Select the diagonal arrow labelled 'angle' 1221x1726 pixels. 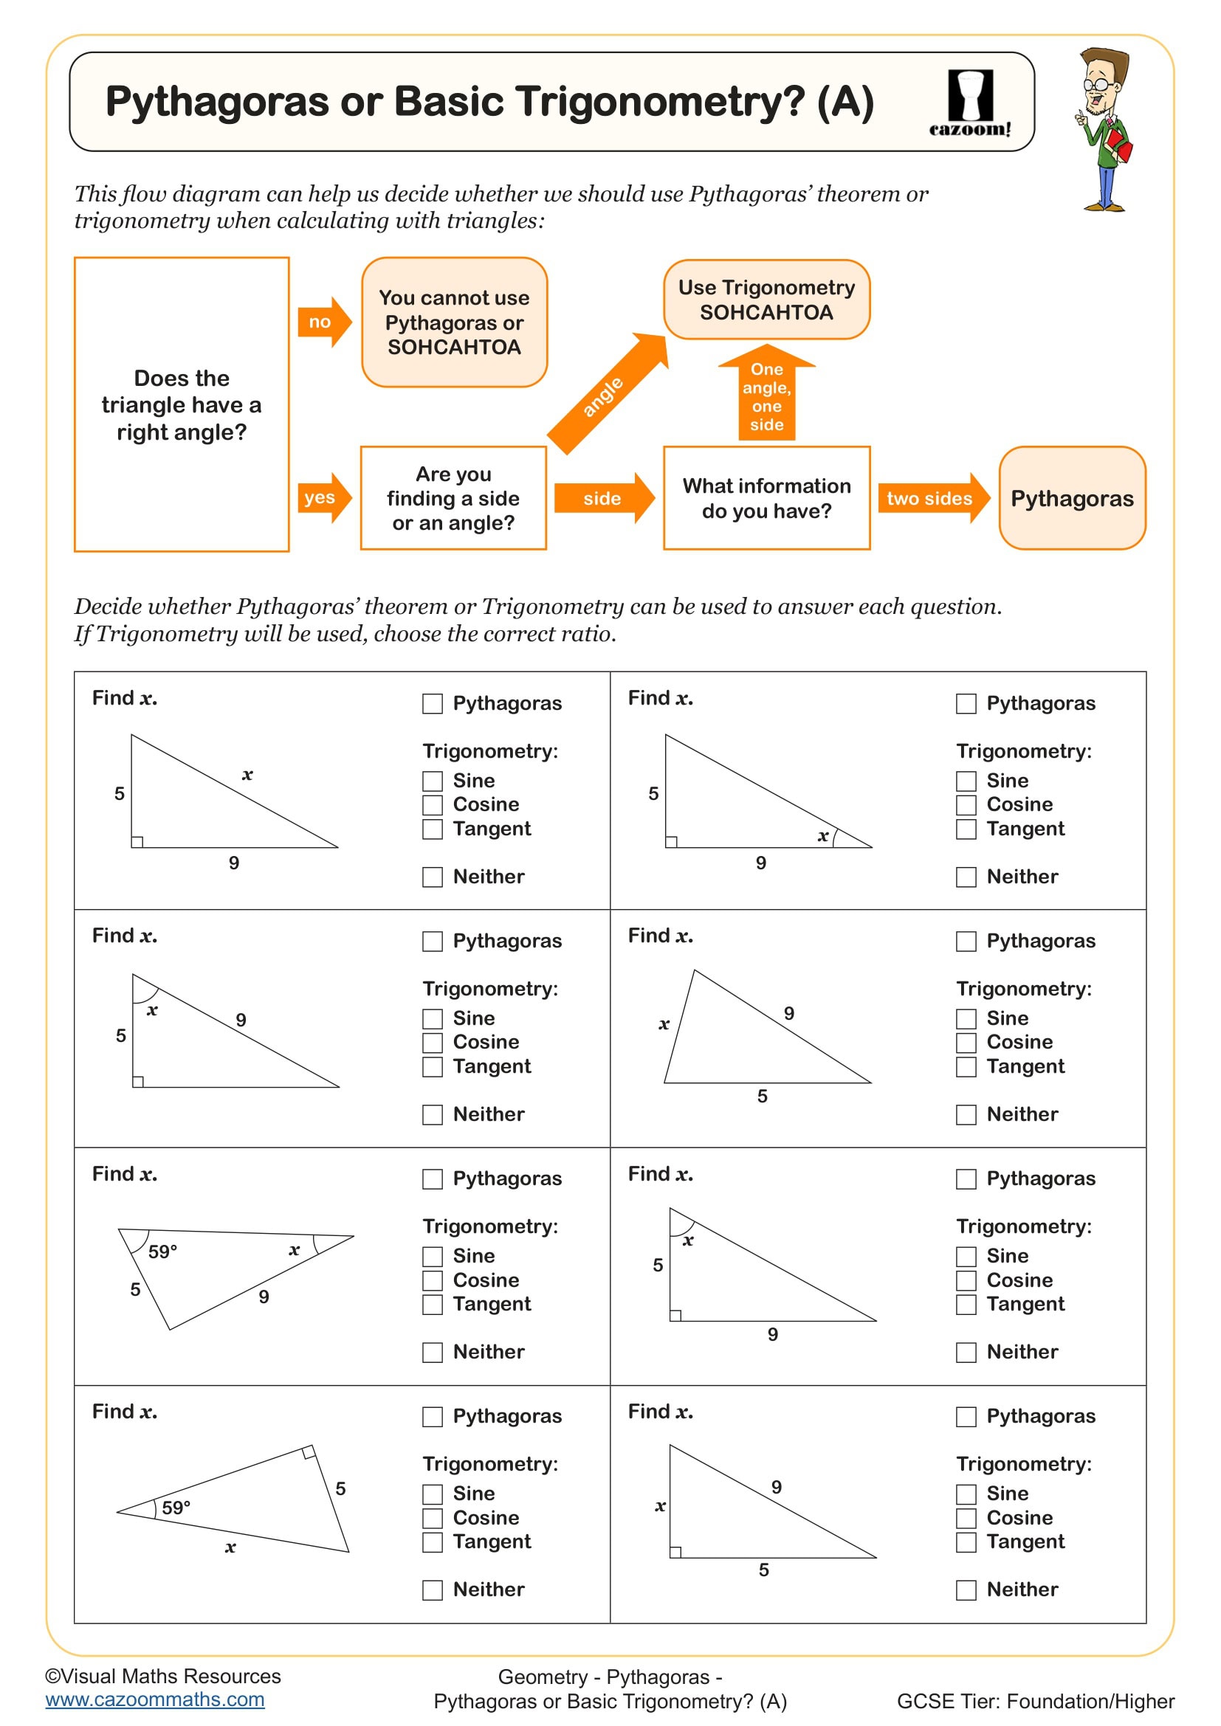(x=606, y=394)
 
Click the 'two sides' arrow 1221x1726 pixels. (x=932, y=497)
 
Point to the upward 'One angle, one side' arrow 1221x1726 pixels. (x=766, y=395)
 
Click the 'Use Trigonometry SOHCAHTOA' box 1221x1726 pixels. (x=766, y=300)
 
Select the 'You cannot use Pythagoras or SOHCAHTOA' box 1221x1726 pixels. (x=454, y=322)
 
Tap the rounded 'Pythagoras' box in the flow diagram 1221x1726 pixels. (x=1071, y=498)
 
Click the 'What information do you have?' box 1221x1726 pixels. (x=766, y=498)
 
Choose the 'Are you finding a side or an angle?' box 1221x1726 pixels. (x=453, y=498)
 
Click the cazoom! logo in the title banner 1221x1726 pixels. (x=970, y=103)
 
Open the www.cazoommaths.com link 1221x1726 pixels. (x=155, y=1699)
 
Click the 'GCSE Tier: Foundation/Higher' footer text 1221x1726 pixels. (x=1035, y=1701)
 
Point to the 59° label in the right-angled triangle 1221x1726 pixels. (x=176, y=1508)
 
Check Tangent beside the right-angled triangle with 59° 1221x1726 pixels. (x=433, y=1542)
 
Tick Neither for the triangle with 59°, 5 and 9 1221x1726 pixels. (x=433, y=1353)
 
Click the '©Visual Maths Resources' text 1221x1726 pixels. (x=163, y=1676)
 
